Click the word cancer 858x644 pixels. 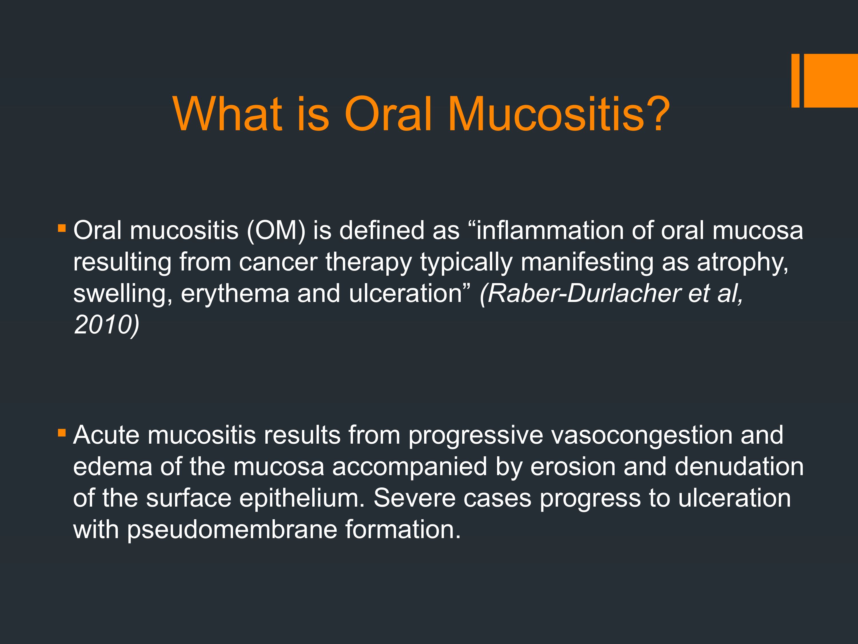(278, 263)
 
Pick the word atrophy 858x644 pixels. (742, 263)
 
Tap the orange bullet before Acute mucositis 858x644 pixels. (62, 432)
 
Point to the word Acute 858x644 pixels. (106, 435)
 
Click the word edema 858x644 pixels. (112, 467)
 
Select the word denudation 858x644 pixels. (739, 467)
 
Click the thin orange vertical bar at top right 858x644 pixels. (795, 80)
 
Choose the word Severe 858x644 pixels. (414, 498)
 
